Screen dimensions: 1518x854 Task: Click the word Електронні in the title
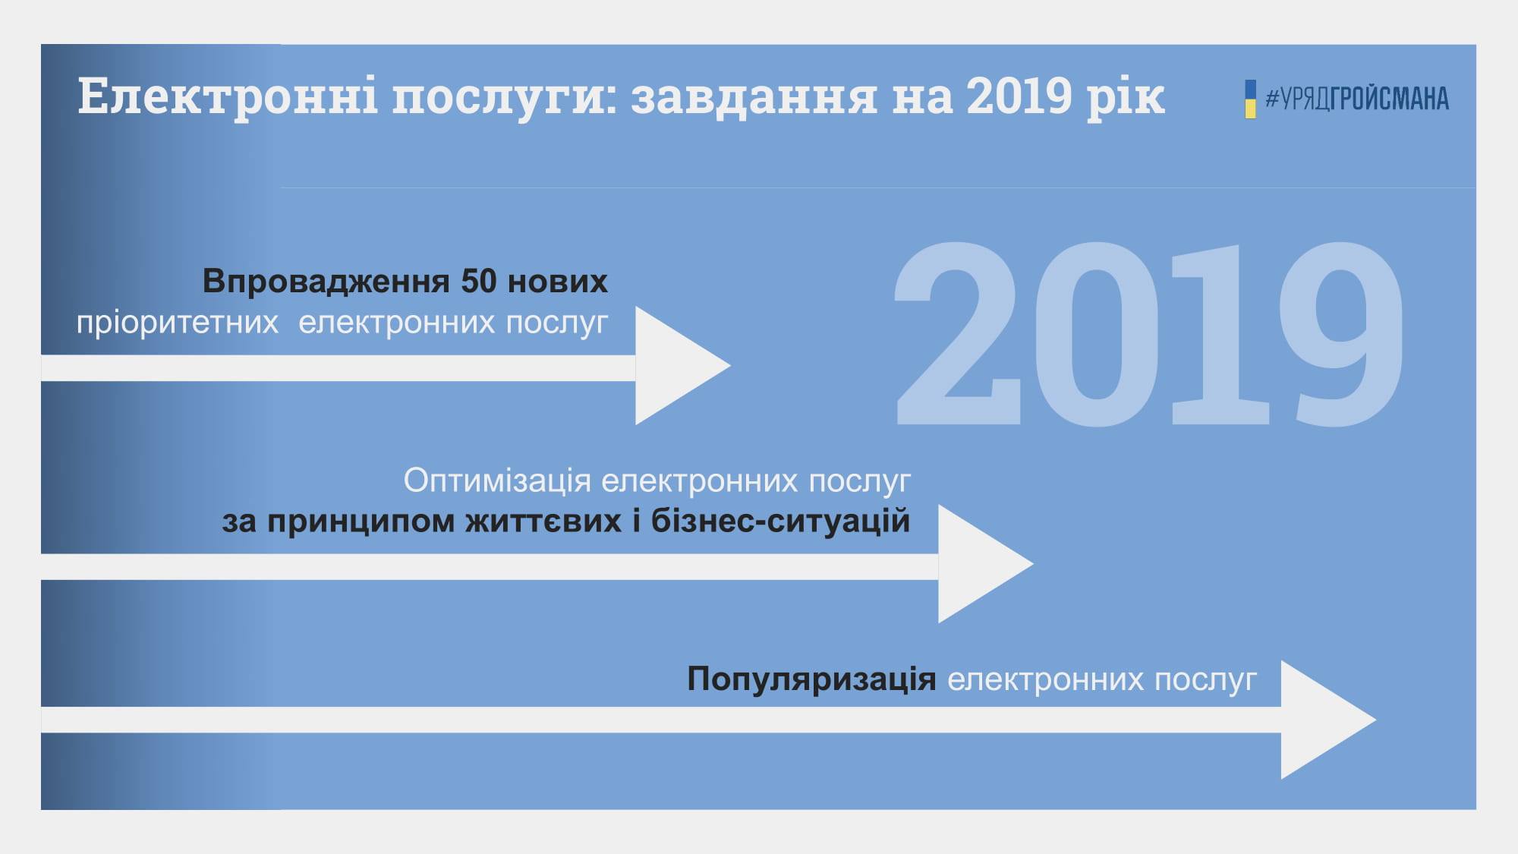228,96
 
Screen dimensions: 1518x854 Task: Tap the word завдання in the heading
754,97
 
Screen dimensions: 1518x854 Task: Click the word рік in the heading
1126,97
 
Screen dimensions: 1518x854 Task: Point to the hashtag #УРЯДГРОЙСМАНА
1356,99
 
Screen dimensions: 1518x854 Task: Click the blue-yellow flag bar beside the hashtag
1250,99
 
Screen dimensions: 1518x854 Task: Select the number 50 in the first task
479,281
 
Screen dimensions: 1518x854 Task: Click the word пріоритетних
178,323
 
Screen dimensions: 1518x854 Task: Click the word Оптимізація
497,481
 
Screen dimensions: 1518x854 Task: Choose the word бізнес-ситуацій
780,522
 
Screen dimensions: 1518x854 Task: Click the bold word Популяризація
811,679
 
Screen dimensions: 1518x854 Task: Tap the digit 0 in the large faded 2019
1094,334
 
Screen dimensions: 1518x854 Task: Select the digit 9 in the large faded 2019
1341,334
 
